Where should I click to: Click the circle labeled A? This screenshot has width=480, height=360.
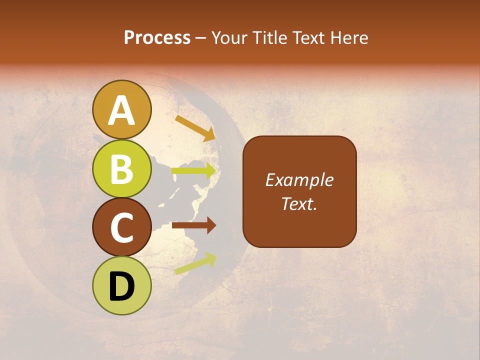122,109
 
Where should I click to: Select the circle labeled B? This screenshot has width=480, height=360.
122,168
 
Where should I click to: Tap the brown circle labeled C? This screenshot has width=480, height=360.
122,227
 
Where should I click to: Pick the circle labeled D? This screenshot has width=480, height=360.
122,285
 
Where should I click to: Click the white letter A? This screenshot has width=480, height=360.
122,110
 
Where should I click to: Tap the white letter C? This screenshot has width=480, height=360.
122,228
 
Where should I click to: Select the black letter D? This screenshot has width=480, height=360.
122,286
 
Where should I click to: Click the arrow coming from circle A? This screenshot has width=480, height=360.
195,128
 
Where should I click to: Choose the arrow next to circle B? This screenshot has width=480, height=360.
194,170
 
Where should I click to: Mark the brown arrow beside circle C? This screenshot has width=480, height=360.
194,225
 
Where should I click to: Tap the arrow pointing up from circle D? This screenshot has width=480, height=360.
195,263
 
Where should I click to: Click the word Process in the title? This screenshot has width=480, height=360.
157,37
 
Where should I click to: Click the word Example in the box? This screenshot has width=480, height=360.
299,180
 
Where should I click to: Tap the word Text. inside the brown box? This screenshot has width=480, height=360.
299,203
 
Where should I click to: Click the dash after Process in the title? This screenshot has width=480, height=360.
201,38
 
